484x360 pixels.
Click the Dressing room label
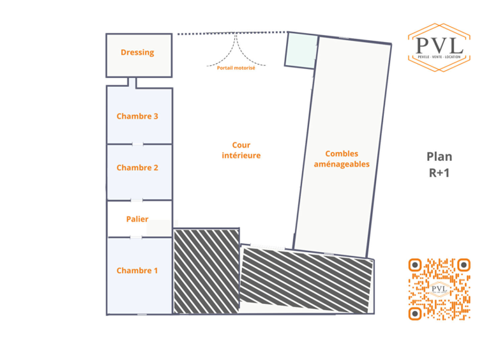pos(137,52)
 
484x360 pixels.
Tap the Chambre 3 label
pos(137,116)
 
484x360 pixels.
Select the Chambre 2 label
pos(137,168)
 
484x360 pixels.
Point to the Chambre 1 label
pos(137,271)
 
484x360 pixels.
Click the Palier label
pos(137,219)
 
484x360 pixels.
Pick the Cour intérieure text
pos(241,151)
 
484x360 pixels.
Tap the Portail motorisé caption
pos(236,68)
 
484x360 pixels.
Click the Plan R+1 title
pos(439,164)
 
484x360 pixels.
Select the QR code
pos(439,289)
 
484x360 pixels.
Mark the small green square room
pos(300,50)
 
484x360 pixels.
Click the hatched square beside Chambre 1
pos(206,271)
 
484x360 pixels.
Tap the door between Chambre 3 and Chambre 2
pos(138,144)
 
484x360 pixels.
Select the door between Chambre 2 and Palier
pos(137,200)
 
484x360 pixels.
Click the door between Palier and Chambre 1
pos(136,237)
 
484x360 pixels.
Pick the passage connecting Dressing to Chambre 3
pos(132,82)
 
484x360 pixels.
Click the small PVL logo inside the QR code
pos(439,289)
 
